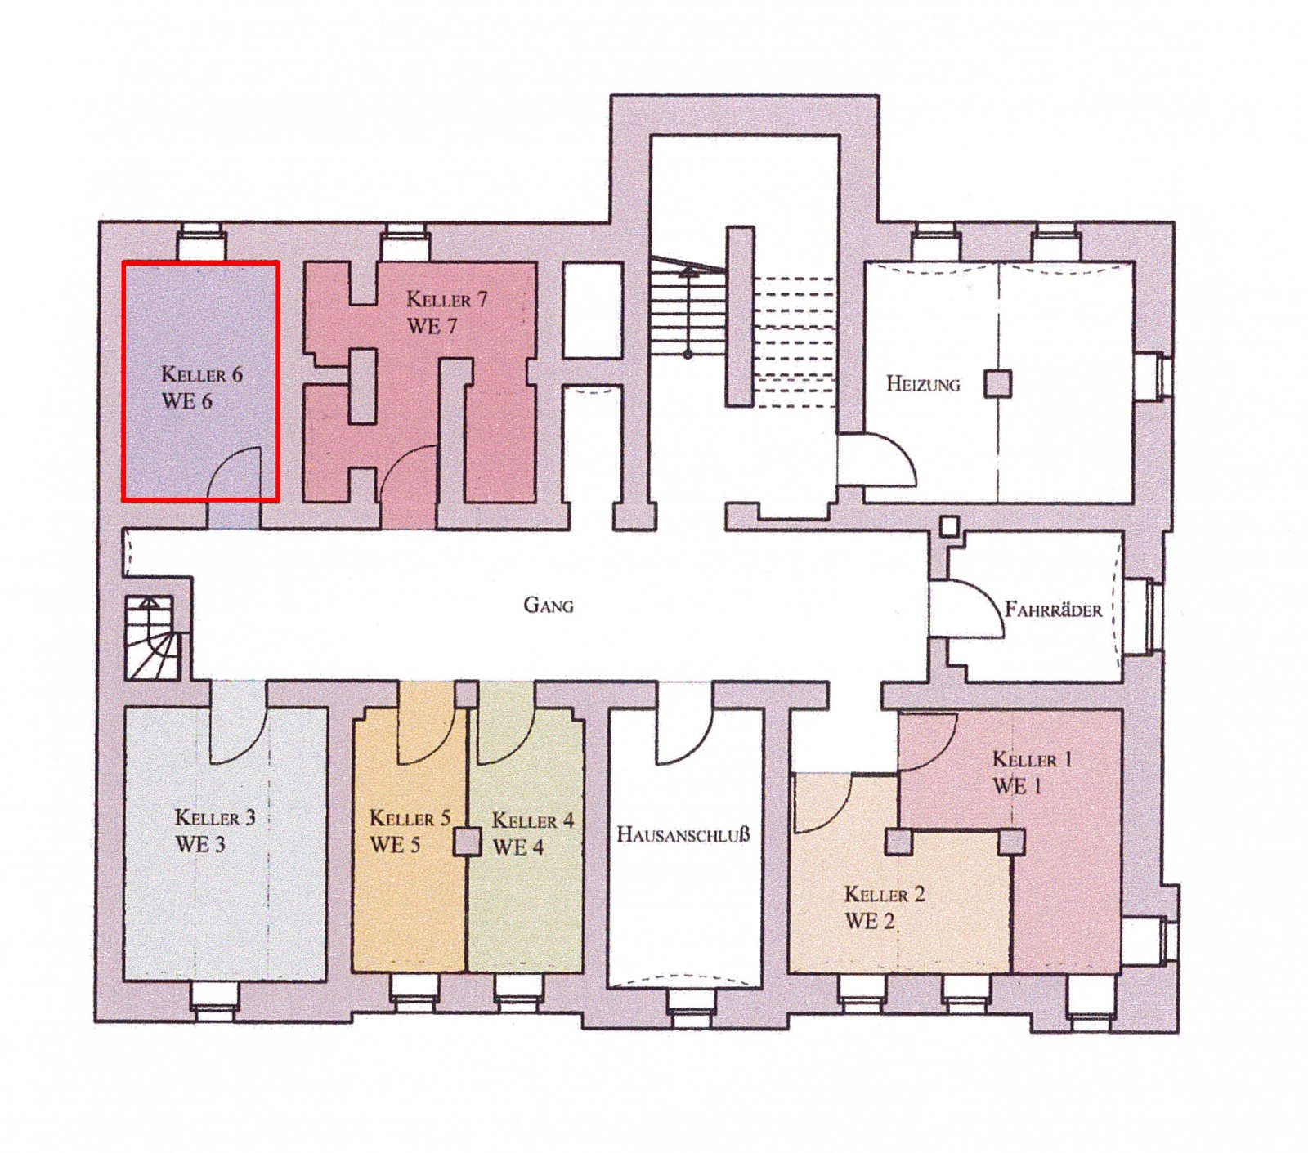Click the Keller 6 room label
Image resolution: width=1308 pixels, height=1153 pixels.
click(x=202, y=375)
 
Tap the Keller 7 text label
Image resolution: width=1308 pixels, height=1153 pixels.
click(x=447, y=300)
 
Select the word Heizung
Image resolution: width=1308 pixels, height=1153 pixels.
click(x=923, y=383)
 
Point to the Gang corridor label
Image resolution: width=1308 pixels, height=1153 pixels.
click(x=549, y=606)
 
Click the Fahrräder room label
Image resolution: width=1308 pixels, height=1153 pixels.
click(x=1053, y=610)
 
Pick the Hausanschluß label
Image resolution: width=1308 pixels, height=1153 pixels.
click(x=683, y=835)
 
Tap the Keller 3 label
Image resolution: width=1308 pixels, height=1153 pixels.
click(x=215, y=817)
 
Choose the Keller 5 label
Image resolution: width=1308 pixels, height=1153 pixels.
click(x=410, y=818)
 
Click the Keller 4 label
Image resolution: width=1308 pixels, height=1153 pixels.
click(x=533, y=820)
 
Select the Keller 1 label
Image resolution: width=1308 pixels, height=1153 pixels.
click(x=1032, y=759)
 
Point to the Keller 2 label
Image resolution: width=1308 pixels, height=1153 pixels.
click(x=885, y=894)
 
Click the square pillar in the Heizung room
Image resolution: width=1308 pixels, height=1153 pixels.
click(x=997, y=383)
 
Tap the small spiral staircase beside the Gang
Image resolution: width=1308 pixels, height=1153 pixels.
click(x=153, y=637)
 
